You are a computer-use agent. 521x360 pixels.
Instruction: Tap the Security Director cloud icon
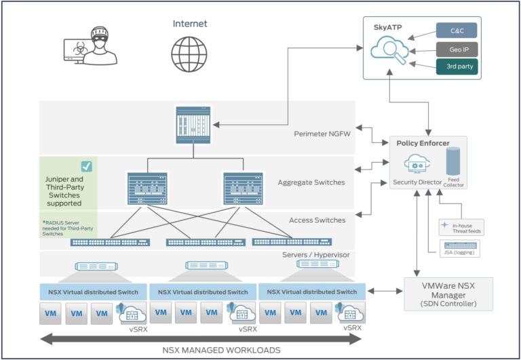(414, 164)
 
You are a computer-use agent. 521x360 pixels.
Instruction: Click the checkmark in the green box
(87, 166)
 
